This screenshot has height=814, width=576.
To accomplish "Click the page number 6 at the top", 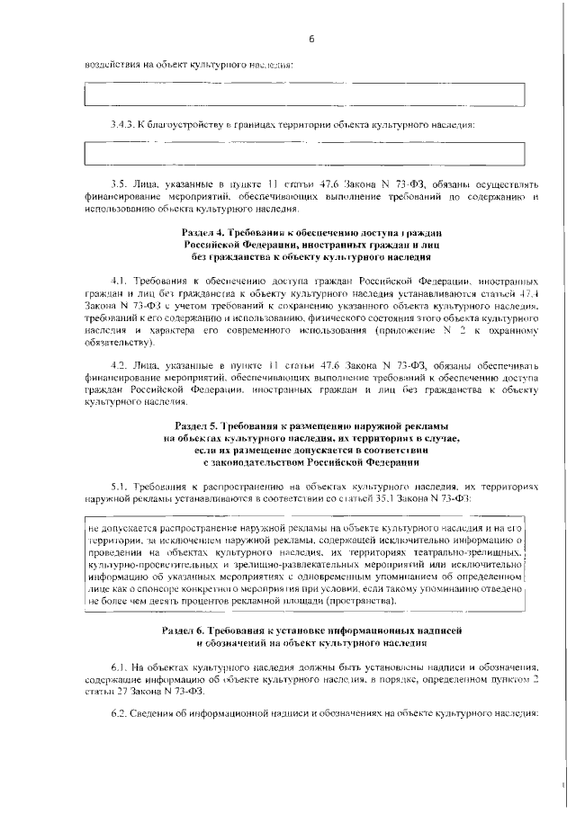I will click(310, 39).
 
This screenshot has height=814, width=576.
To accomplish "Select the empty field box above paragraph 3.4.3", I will click(304, 94).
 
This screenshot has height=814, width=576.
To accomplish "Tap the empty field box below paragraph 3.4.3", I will click(304, 153).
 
